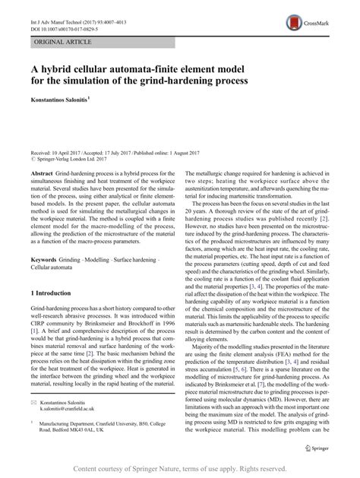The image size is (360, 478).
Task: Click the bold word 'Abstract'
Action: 46,175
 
